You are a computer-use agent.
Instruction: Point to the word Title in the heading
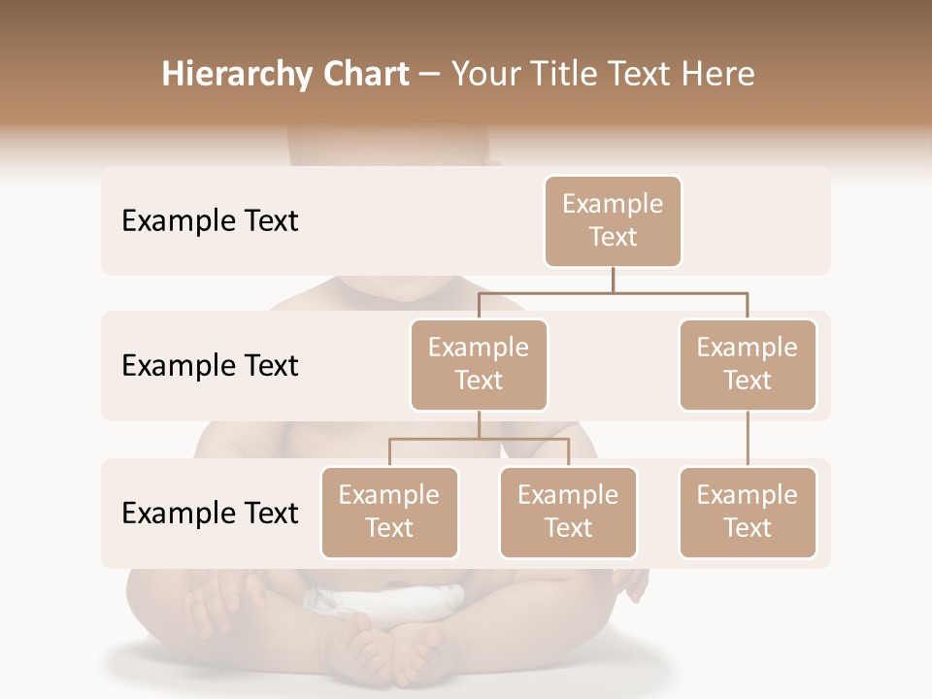[568, 75]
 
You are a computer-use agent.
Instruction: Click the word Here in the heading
[716, 75]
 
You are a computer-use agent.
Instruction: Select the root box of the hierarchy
[613, 220]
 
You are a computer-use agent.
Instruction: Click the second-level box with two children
[479, 364]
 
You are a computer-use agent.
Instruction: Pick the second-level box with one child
[748, 364]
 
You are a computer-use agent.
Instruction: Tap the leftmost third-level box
[389, 512]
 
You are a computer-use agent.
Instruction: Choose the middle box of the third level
[568, 512]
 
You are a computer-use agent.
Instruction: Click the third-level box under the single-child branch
[748, 512]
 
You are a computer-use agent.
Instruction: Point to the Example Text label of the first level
[210, 221]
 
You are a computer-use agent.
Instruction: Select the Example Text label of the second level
[210, 366]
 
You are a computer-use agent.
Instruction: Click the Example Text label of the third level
[210, 514]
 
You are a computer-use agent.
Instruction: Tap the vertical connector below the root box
[613, 280]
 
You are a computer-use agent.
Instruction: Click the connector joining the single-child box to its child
[748, 439]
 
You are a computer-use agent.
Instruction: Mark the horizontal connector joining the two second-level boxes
[613, 291]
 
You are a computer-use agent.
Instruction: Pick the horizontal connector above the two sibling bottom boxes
[479, 439]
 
